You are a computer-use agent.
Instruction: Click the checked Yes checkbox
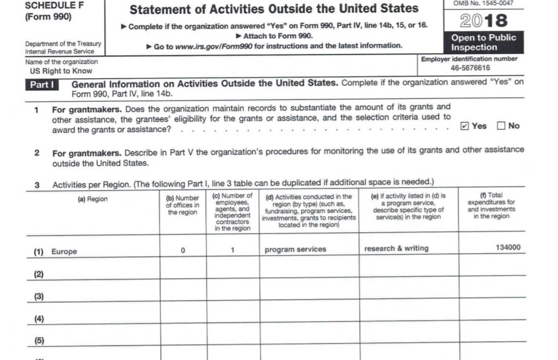pos(465,126)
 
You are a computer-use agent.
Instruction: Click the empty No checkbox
pos(501,126)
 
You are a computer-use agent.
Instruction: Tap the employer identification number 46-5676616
pos(470,68)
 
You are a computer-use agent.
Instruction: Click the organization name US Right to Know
pos(61,71)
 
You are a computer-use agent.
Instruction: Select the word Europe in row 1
pos(64,252)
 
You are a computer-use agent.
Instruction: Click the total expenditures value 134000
pos(508,248)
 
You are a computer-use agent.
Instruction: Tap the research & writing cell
pos(396,248)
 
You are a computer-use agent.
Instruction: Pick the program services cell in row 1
pos(295,249)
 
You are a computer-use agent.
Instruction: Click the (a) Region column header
pos(93,199)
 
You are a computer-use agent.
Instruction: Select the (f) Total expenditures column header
pos(491,206)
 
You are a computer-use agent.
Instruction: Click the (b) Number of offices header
pos(182,205)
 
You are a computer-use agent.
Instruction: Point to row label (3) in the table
pos(39,296)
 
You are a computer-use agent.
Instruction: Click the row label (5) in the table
pos(39,341)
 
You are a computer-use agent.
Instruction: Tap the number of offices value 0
pos(182,250)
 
